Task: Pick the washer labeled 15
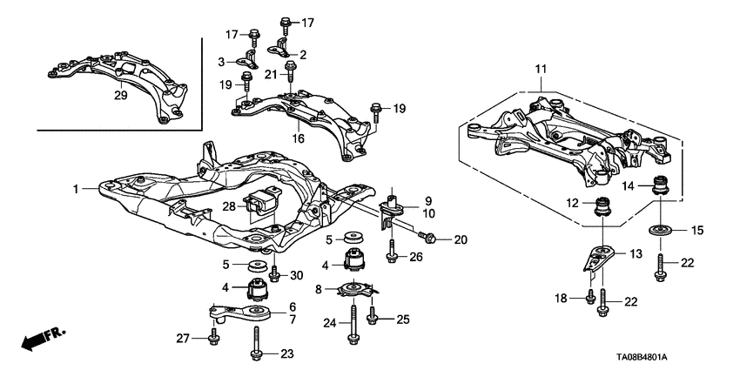click(x=658, y=230)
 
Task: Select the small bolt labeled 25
click(x=373, y=317)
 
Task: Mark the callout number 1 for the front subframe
click(x=76, y=188)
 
